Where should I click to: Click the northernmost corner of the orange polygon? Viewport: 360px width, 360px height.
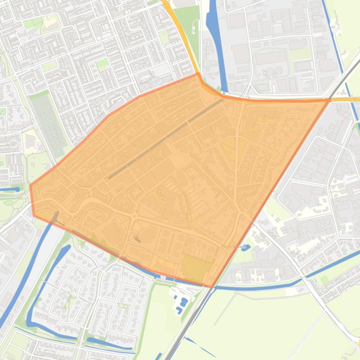[x=198, y=73]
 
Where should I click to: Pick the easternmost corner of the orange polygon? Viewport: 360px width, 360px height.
[x=330, y=99]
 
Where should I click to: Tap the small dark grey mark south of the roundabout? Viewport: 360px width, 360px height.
[x=137, y=239]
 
